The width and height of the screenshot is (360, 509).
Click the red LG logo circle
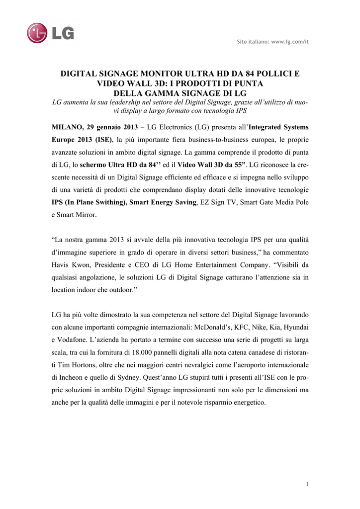coord(37,33)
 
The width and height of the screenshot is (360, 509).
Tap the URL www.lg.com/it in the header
coord(290,42)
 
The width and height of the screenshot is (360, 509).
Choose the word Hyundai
coord(295,328)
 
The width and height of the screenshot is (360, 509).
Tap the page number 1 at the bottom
coord(307,484)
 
